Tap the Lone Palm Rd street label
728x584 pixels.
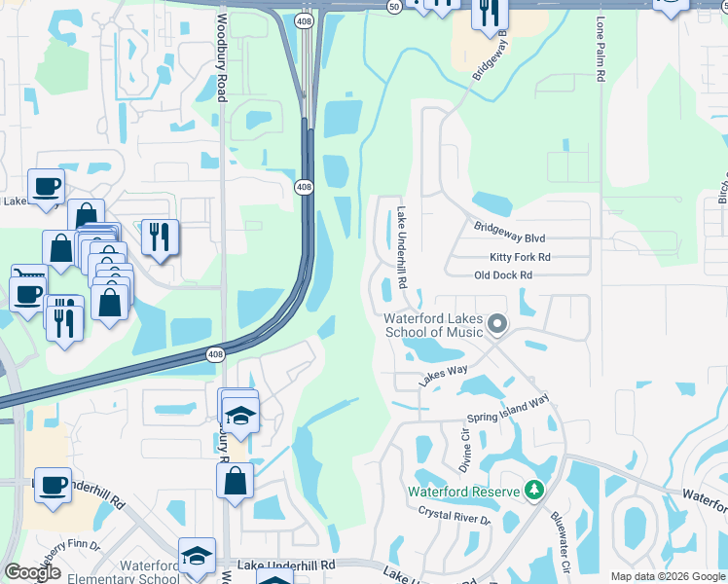tap(601, 55)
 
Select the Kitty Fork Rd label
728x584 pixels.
tap(520, 257)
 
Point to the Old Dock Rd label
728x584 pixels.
tap(503, 275)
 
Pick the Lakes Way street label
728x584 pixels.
tap(444, 373)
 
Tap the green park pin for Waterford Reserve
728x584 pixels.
tap(533, 490)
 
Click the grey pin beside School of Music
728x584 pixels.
tap(497, 323)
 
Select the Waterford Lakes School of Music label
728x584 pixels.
tap(435, 325)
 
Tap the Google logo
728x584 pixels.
tap(32, 572)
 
